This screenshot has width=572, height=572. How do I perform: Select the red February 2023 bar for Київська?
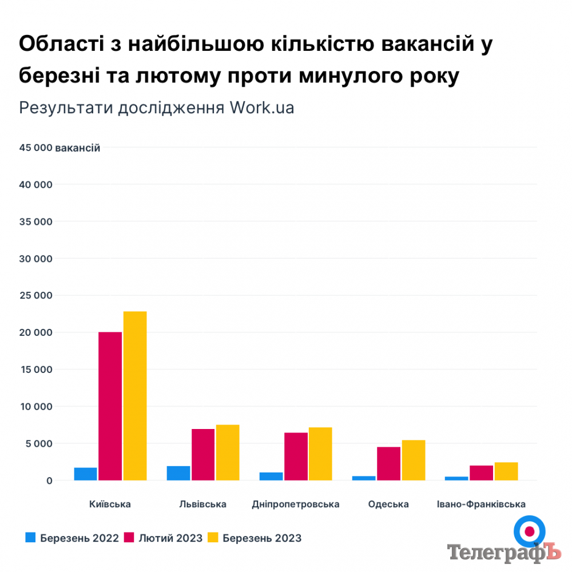click(x=110, y=406)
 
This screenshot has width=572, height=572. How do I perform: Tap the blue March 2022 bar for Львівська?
click(x=178, y=473)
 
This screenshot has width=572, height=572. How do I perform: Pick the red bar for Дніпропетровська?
click(x=296, y=456)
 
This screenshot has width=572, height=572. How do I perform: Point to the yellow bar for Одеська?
click(x=414, y=460)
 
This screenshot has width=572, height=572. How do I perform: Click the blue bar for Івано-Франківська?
click(x=456, y=478)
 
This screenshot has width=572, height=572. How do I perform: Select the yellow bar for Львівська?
click(x=228, y=452)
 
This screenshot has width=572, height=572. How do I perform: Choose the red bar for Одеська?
click(x=389, y=463)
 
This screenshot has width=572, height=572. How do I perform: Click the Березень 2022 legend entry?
click(x=72, y=538)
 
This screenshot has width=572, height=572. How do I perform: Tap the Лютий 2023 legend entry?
click(x=163, y=538)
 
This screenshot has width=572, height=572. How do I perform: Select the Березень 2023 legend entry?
click(x=255, y=538)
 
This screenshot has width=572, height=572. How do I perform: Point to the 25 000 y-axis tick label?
click(x=35, y=296)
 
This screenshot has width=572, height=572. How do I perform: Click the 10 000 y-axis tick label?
click(x=35, y=407)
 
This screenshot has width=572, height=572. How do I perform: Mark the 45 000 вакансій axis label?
click(x=60, y=148)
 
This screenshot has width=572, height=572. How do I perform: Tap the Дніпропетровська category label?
click(x=296, y=505)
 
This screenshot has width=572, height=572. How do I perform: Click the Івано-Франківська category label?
click(x=481, y=505)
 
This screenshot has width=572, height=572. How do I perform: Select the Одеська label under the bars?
click(x=388, y=505)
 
